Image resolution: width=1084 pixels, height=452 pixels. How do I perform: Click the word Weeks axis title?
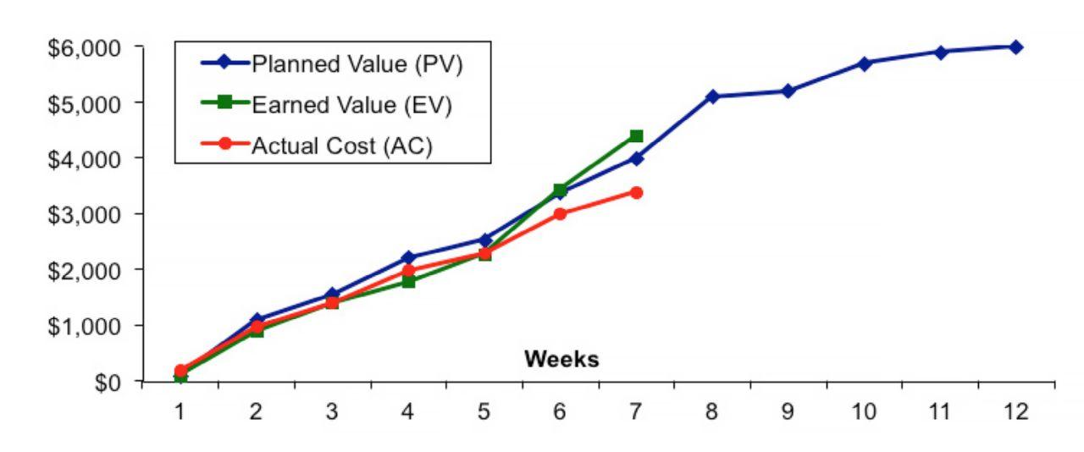point(561,360)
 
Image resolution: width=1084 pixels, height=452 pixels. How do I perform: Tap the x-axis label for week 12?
point(1015,412)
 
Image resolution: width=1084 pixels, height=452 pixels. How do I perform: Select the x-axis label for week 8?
point(712,412)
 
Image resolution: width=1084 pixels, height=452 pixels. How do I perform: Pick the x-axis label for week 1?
point(180,412)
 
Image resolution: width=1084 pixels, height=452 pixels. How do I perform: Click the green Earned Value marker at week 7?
point(636,136)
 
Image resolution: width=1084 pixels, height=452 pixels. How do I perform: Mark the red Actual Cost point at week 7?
point(636,193)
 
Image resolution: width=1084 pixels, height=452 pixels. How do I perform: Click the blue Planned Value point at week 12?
point(1015,47)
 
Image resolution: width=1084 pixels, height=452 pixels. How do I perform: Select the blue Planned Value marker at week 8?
point(712,96)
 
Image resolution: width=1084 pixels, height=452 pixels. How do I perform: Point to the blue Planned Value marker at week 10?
point(864,63)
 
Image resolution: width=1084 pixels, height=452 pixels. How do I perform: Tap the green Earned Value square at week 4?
point(408,281)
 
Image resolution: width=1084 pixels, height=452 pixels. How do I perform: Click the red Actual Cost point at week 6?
point(560,214)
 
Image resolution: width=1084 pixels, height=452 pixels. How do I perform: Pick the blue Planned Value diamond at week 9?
point(788,91)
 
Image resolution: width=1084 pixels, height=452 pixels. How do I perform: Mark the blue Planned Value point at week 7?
point(636,158)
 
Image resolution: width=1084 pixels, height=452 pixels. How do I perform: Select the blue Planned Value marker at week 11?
point(940,52)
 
